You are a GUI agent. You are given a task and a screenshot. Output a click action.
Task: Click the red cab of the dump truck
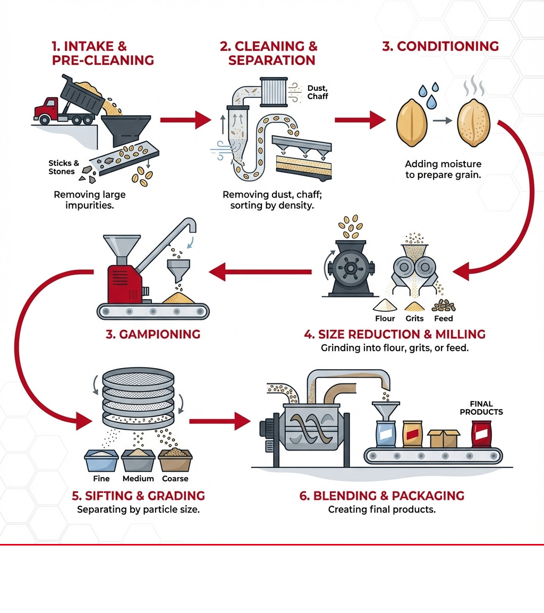click(x=47, y=109)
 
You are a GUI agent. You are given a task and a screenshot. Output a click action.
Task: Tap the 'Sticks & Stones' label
click(x=64, y=167)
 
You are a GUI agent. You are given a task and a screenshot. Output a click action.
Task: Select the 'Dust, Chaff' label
click(x=318, y=92)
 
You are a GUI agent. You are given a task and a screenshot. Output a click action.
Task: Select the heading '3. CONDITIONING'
click(x=440, y=46)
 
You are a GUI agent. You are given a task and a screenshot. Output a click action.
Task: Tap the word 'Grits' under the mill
click(x=414, y=318)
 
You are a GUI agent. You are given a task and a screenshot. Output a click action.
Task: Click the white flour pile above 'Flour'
click(x=385, y=306)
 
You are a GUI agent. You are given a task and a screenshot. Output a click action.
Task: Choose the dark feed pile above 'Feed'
click(x=443, y=305)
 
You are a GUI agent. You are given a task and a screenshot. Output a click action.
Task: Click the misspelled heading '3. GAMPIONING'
click(x=153, y=334)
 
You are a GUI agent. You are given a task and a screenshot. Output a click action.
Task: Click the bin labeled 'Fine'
click(x=101, y=459)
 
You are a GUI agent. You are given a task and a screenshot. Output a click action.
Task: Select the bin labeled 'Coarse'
click(x=175, y=459)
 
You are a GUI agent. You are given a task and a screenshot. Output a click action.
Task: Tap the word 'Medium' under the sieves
click(x=138, y=479)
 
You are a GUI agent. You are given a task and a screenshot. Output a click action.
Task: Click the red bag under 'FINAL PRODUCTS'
click(x=481, y=434)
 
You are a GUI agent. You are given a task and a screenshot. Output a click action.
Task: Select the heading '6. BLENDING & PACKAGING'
click(x=381, y=496)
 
